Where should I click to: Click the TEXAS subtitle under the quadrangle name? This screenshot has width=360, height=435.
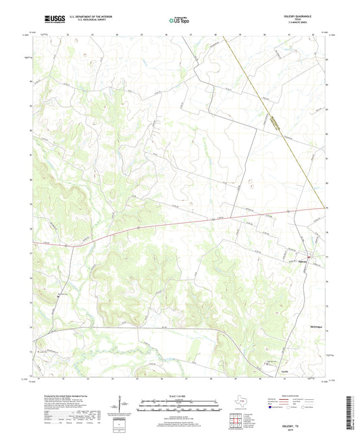(301, 21)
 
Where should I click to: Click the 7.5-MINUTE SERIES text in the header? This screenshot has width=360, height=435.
(301, 25)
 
